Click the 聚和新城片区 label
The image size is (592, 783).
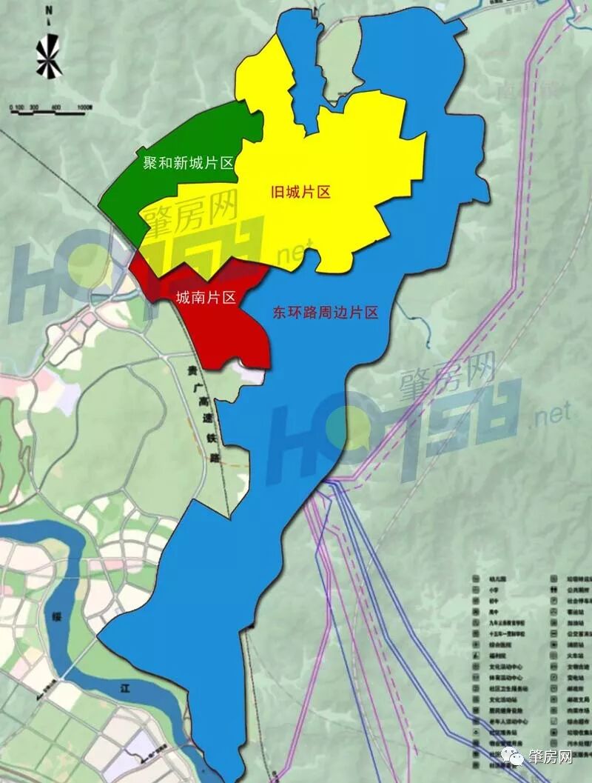188,161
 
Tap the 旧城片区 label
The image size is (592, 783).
299,193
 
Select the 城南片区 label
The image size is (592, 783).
205,298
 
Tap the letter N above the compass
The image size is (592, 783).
47,10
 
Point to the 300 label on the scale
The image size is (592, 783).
33,107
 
